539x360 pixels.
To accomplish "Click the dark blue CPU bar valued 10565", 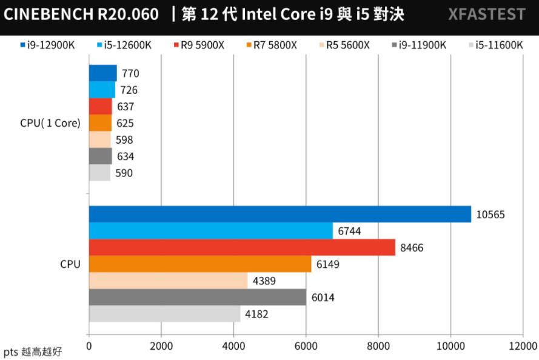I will click(280, 214).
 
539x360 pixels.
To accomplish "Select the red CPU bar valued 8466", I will click(242, 247).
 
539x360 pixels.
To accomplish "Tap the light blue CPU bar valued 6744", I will click(210, 231).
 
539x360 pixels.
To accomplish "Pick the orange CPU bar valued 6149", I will click(200, 264).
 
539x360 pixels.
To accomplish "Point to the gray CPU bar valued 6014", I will click(198, 297).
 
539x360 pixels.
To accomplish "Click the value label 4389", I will click(264, 281).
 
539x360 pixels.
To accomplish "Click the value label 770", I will click(130, 73).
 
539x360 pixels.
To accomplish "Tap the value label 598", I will click(125, 139).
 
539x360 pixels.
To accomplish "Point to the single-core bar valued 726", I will click(102, 90).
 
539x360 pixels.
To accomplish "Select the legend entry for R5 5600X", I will click(343, 44).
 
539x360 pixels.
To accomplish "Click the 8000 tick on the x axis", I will click(378, 346).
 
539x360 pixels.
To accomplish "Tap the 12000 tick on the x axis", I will click(523, 346).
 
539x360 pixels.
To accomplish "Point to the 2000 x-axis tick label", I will click(161, 346).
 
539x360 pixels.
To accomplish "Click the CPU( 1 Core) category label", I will click(50, 123).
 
